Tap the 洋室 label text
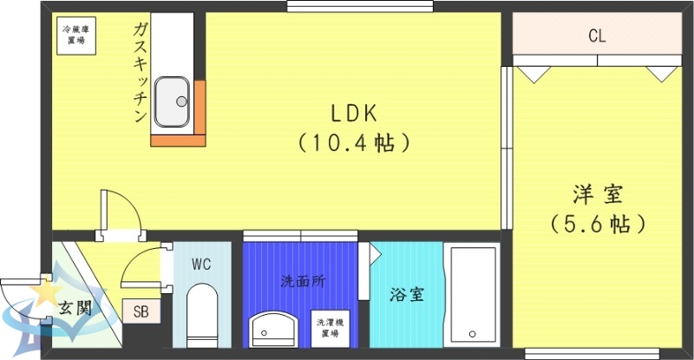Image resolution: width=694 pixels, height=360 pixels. [x=597, y=193]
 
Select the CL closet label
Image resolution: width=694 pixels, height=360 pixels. [x=597, y=36]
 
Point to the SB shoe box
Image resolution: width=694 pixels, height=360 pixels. [x=140, y=310]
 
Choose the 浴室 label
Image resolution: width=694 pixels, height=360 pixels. [x=406, y=293]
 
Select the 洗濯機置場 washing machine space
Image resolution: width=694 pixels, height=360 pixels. [x=327, y=326]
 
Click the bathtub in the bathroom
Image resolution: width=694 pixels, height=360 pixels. [x=472, y=295]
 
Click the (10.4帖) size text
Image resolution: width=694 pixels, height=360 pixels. [x=354, y=142]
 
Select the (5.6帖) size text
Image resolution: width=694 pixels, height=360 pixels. [x=598, y=224]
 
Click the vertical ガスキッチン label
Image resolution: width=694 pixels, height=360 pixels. [x=139, y=74]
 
